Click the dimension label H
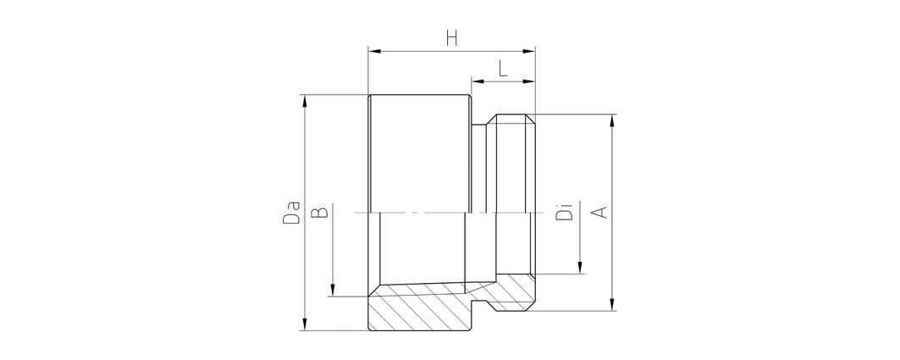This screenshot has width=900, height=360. point(452,38)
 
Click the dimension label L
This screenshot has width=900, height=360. point(504,69)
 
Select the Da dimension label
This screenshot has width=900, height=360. point(291,213)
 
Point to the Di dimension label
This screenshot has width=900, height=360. point(565,212)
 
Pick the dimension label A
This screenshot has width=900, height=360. point(599,212)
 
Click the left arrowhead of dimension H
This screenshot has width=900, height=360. point(374,52)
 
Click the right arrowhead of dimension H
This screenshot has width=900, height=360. point(528,52)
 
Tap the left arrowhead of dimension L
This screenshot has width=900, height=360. point(478,82)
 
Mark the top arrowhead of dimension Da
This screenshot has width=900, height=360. point(305,101)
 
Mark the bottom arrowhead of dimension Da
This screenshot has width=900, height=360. point(305,324)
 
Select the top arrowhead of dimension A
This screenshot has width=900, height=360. point(612,120)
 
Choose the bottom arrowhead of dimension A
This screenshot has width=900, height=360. point(612,305)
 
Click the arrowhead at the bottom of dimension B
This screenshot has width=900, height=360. point(333,291)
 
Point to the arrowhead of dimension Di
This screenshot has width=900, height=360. point(580,268)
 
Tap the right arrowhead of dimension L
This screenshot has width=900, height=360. point(528,82)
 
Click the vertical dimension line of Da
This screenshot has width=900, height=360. point(305,213)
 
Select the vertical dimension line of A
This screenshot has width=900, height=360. point(612,213)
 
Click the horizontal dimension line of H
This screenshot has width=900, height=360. point(452,52)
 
